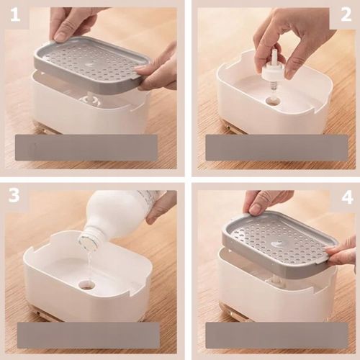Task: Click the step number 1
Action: [x=15, y=16]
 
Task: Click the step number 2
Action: [x=346, y=15]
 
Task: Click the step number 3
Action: [x=14, y=195]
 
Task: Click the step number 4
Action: [x=347, y=198]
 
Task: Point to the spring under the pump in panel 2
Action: [x=273, y=89]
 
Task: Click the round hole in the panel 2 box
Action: [x=273, y=101]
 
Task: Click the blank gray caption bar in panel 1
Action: [x=86, y=148]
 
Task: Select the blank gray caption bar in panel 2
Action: [x=276, y=148]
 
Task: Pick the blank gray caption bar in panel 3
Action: [x=89, y=336]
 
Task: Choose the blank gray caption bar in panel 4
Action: [x=276, y=336]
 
